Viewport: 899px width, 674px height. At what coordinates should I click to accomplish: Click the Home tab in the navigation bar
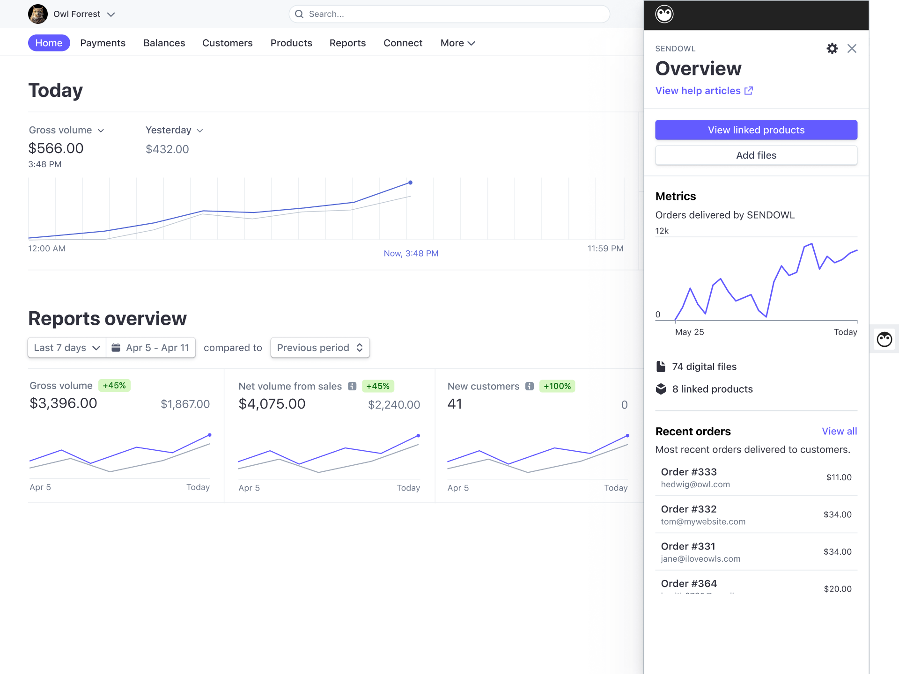tap(49, 43)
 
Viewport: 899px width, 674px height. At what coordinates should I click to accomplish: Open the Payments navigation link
tap(103, 43)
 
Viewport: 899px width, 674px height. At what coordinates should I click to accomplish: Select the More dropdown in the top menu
tap(457, 43)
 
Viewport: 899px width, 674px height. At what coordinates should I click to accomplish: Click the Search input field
tap(449, 14)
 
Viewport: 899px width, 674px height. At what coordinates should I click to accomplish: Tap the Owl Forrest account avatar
tap(38, 14)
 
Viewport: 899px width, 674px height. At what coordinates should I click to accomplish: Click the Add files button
tap(756, 155)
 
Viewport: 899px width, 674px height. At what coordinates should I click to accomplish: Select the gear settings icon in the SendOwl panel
tap(832, 49)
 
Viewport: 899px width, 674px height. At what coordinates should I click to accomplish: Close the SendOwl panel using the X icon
tap(852, 49)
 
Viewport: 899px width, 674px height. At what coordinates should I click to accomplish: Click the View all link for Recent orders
tap(839, 432)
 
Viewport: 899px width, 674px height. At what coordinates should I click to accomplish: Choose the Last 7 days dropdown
tap(67, 348)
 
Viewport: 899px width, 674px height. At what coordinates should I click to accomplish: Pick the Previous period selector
tap(320, 348)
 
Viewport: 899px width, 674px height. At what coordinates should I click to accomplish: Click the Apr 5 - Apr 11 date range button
tap(151, 348)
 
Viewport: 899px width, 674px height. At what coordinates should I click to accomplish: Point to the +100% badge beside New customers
tap(557, 386)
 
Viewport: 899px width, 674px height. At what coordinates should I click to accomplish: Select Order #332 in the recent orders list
tap(688, 509)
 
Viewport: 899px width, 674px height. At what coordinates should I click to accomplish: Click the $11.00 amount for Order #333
tap(839, 477)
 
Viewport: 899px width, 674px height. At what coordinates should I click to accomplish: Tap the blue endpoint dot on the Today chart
tap(410, 183)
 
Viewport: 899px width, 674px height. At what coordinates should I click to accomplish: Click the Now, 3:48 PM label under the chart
tap(411, 253)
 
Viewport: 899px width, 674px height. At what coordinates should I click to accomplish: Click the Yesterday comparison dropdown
tap(174, 130)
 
